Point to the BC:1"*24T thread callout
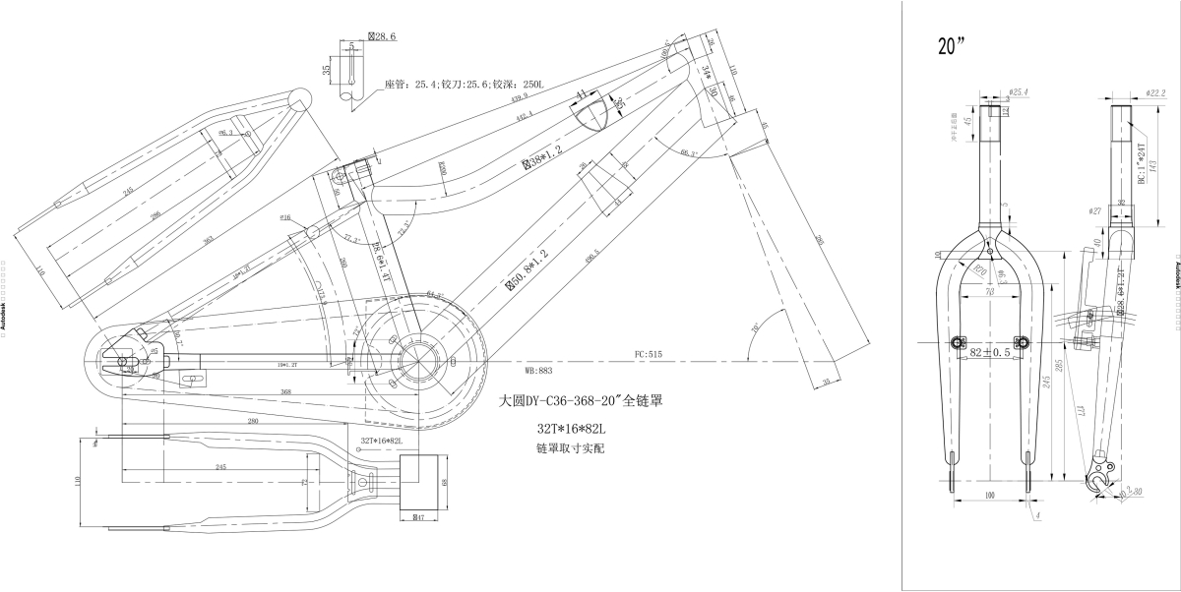(1141, 162)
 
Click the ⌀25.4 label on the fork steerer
(1018, 92)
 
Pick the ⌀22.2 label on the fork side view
(1155, 92)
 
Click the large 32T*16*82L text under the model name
(570, 429)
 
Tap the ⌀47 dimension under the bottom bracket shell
(417, 517)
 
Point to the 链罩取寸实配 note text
(571, 448)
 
